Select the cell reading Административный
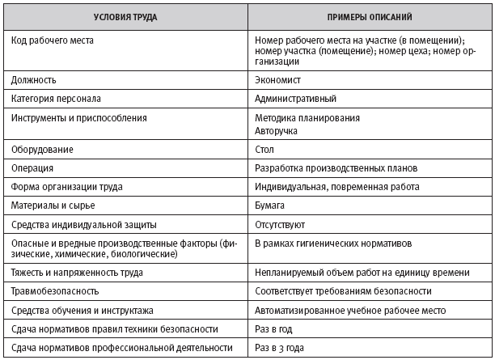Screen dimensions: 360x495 [x=295, y=99]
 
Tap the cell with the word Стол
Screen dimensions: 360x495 [x=264, y=150]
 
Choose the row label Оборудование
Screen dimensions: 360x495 [x=42, y=150]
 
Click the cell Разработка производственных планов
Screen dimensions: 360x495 [x=336, y=168]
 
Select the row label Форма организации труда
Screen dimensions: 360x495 [x=66, y=187]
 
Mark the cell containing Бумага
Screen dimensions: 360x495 [x=269, y=205]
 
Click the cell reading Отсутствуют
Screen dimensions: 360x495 [x=281, y=224]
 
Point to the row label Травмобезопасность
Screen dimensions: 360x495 [x=55, y=290]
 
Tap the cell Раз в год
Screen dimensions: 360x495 [x=273, y=328]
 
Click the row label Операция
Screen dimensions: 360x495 [x=32, y=168]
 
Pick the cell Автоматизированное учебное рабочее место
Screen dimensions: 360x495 [x=349, y=310]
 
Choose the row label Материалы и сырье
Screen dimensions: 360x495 [x=54, y=205]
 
